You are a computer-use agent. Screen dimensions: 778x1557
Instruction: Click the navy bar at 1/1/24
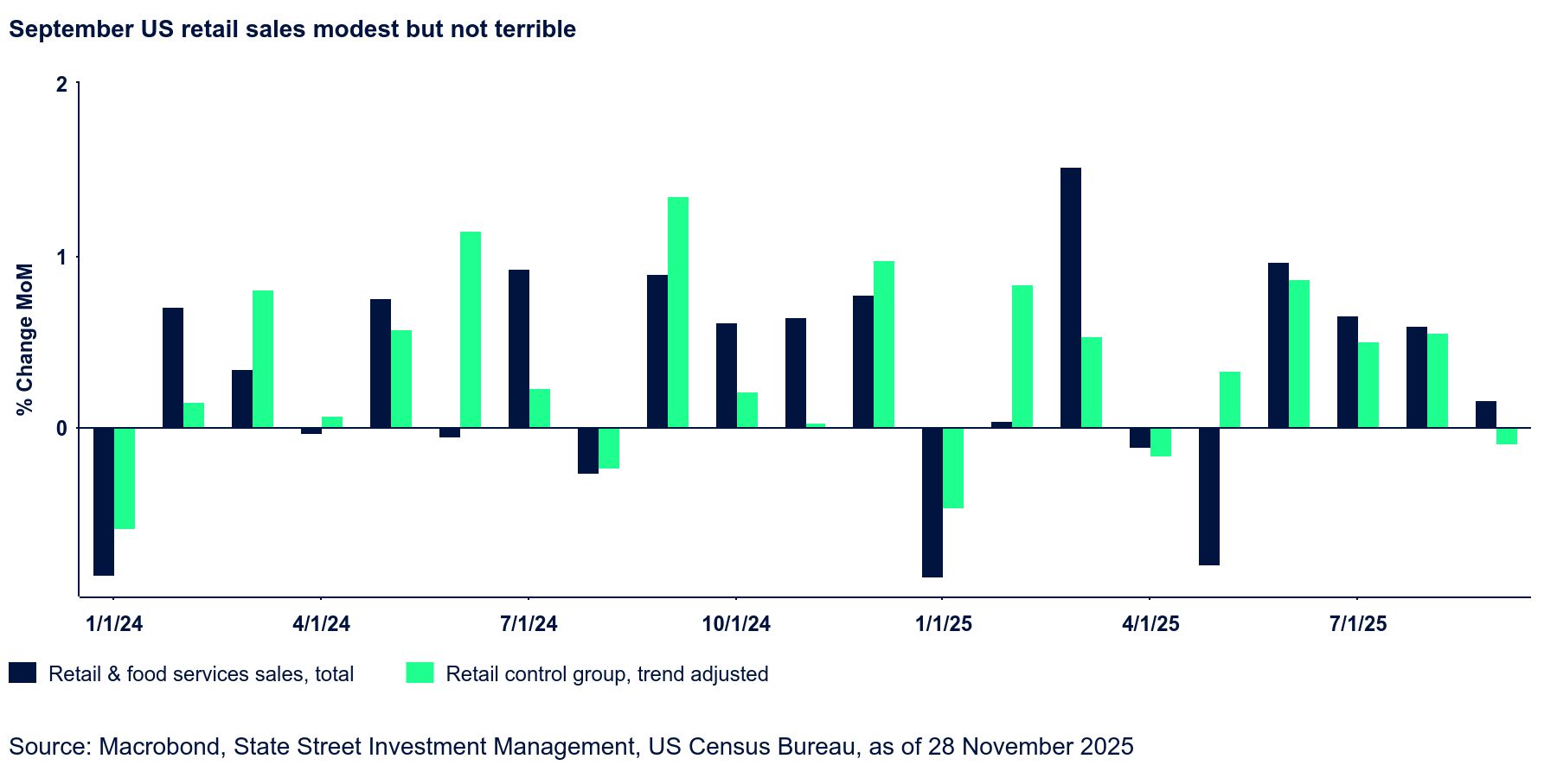tap(104, 501)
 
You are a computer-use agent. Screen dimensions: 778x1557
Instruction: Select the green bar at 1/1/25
tap(953, 468)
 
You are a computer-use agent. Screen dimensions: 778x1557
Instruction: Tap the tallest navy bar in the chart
tap(1071, 297)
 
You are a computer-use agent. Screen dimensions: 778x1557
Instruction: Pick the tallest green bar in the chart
tap(678, 312)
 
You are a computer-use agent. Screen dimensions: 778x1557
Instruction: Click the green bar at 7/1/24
tap(540, 408)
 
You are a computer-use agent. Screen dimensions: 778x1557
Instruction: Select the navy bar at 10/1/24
tap(727, 375)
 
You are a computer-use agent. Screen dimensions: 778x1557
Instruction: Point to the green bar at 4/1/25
tap(1161, 442)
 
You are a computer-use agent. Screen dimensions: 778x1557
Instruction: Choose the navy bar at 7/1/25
tap(1348, 372)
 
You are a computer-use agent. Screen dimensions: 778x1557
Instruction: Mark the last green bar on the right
tap(1507, 436)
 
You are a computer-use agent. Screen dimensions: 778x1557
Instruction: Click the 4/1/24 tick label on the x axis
tap(322, 623)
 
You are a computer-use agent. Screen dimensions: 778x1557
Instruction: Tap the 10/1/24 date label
tap(736, 623)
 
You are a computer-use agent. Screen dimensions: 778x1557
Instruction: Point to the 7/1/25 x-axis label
tap(1358, 623)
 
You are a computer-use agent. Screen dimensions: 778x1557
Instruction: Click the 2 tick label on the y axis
tap(61, 85)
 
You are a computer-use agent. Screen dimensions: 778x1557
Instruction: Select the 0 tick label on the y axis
tap(61, 428)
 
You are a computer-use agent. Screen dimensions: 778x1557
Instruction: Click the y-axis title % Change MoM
tap(25, 339)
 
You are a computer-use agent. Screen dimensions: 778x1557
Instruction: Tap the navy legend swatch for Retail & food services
tap(22, 673)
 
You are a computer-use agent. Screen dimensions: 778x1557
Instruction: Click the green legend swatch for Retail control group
tap(420, 673)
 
